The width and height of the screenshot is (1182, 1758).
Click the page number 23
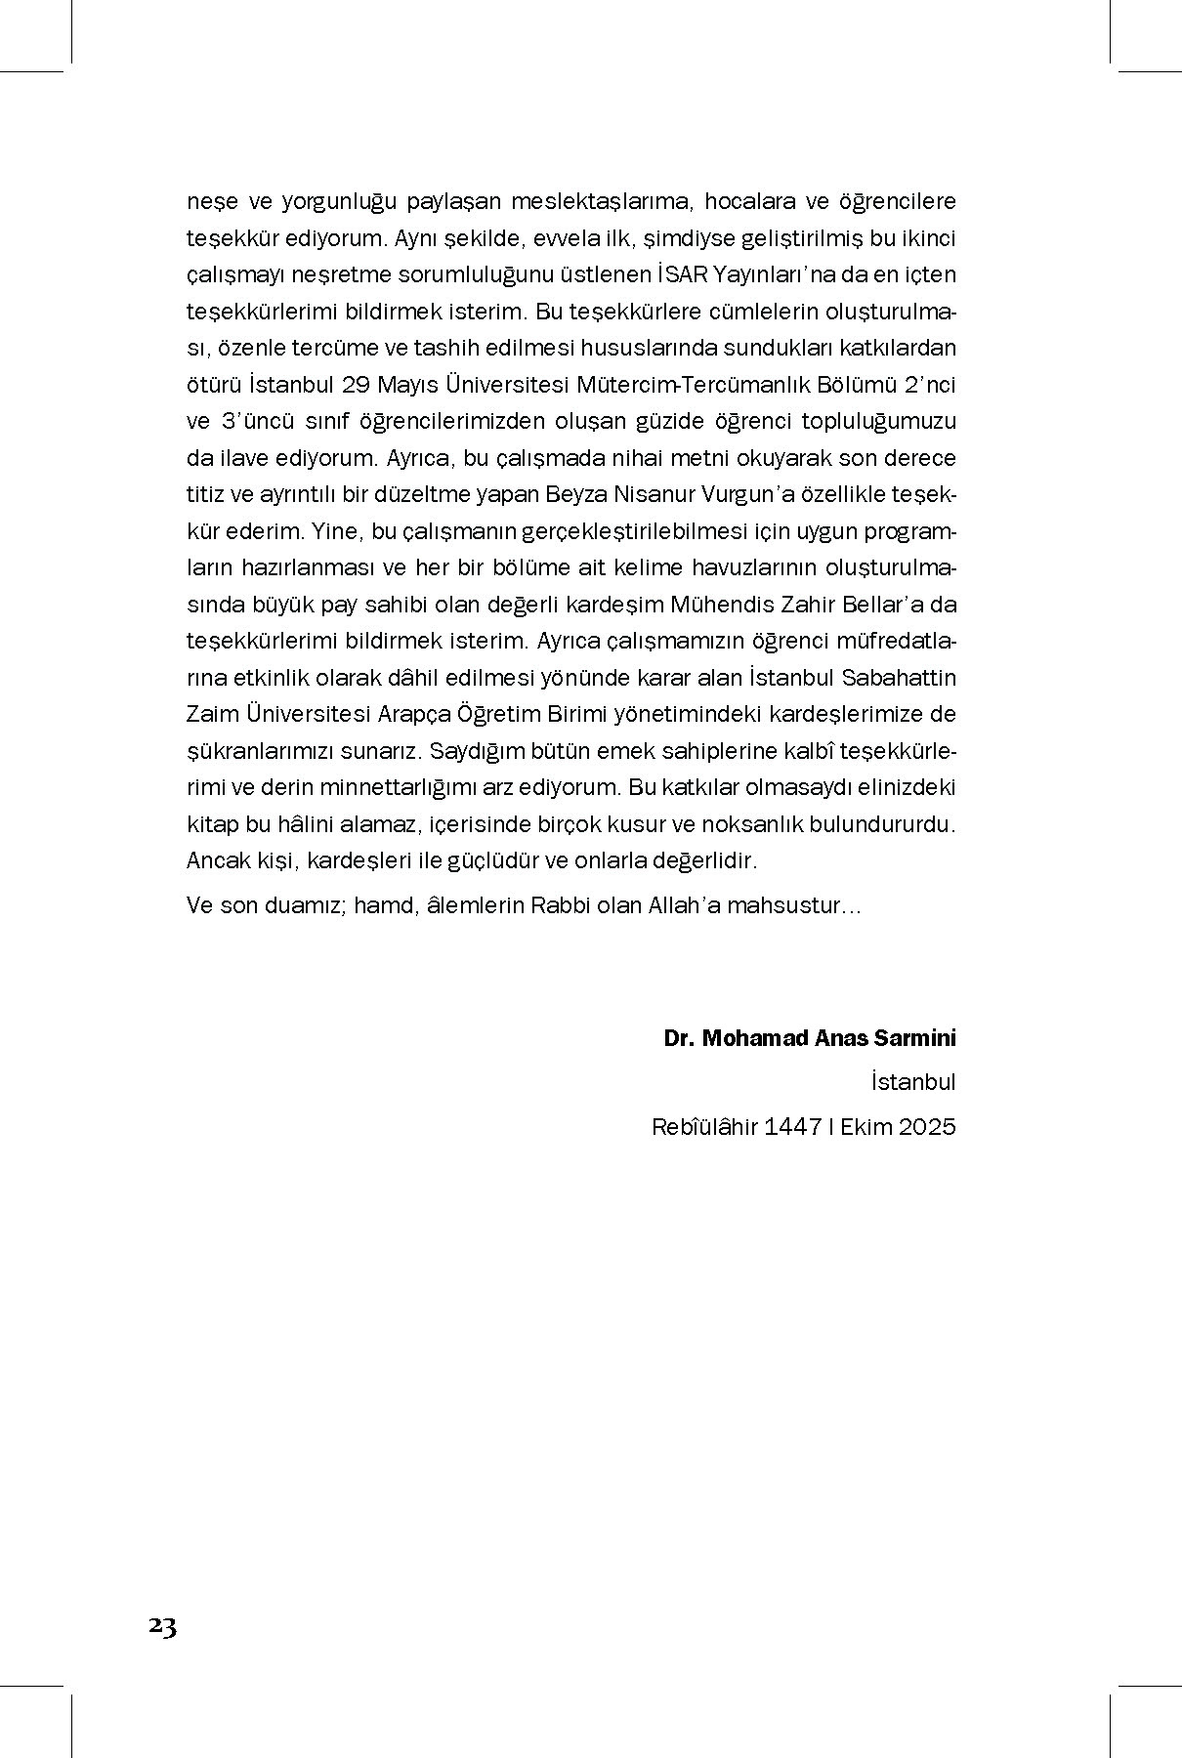tap(162, 1626)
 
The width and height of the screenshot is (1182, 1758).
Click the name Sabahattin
tap(898, 678)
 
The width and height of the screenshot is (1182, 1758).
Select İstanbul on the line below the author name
tap(913, 1082)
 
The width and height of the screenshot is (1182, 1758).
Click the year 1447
tap(792, 1127)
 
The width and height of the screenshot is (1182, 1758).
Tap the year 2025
tap(927, 1127)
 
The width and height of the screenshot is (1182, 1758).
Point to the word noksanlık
tap(756, 824)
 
